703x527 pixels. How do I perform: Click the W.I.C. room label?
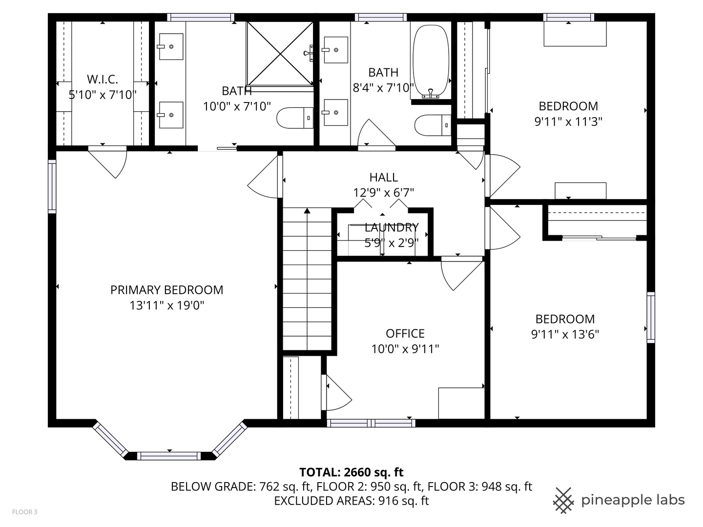tap(103, 79)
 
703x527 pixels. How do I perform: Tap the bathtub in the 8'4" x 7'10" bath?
tap(431, 61)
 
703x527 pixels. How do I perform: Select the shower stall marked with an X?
tap(280, 53)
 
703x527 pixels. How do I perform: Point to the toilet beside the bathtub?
tap(433, 125)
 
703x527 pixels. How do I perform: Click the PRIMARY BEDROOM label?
tap(166, 290)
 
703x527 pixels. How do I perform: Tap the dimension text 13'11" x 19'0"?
tap(166, 305)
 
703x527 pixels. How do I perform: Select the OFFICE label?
tap(405, 333)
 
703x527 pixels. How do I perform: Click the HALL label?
tap(383, 177)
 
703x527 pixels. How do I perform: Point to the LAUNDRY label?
tap(392, 227)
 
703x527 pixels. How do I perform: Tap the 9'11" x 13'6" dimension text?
tap(565, 335)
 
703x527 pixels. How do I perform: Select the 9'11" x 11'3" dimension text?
tap(568, 122)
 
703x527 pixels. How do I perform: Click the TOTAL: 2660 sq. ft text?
tap(351, 472)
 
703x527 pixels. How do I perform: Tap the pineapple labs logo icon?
tap(564, 501)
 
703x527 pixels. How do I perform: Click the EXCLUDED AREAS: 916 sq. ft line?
tap(351, 501)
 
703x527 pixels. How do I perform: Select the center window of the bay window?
tap(169, 456)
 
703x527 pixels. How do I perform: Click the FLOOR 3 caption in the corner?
tap(25, 512)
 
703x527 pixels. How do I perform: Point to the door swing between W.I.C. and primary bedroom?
tap(108, 162)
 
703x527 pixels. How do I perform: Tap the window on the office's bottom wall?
tap(371, 423)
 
